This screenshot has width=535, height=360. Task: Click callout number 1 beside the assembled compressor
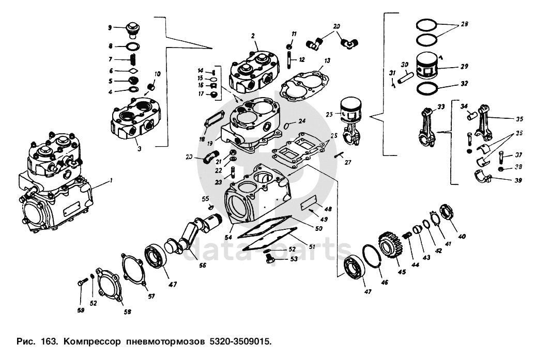pos(110,181)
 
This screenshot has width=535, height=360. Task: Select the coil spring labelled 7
pos(133,60)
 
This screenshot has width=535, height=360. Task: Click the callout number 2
pos(253,36)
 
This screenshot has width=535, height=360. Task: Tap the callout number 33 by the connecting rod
pos(440,107)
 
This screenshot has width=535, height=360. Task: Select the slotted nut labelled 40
pos(446,213)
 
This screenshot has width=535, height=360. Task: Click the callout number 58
pos(127,311)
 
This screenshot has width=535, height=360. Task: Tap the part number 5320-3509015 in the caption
pos(240,341)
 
